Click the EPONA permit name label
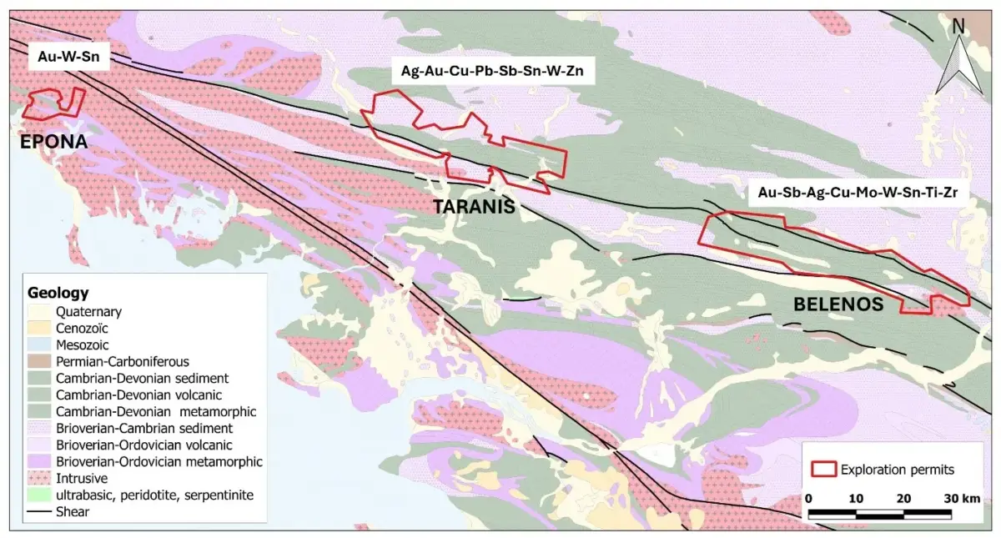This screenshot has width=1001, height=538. [53, 142]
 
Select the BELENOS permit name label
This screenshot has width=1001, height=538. [838, 305]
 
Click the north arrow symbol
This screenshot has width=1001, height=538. [958, 58]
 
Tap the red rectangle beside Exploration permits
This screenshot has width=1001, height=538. [824, 470]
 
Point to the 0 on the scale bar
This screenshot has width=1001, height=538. [808, 498]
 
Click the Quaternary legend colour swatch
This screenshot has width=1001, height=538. [38, 312]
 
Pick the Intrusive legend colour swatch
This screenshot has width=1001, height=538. [38, 479]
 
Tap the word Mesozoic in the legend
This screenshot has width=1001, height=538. [82, 345]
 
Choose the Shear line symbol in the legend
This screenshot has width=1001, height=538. [38, 512]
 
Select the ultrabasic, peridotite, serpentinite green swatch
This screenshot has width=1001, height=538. [38, 495]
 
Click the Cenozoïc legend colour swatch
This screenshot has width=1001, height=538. [38, 329]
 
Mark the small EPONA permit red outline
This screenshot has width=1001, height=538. [53, 103]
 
